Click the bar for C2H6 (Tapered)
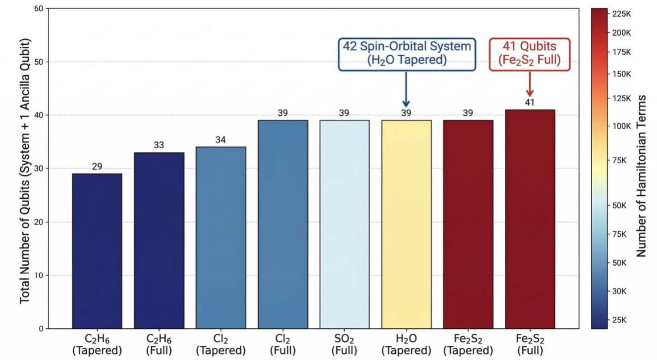pyautogui.click(x=97, y=251)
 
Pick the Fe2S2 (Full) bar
pyautogui.click(x=530, y=219)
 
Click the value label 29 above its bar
pyautogui.click(x=97, y=167)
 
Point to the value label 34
pyautogui.click(x=221, y=140)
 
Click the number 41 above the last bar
pyautogui.click(x=530, y=103)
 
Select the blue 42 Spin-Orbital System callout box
pyautogui.click(x=407, y=54)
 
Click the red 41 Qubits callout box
pyautogui.click(x=530, y=54)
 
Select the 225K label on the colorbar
pyautogui.click(x=621, y=14)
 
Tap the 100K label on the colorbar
pyautogui.click(x=621, y=126)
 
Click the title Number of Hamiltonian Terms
pyautogui.click(x=641, y=176)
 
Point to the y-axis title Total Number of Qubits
pyautogui.click(x=25, y=171)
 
